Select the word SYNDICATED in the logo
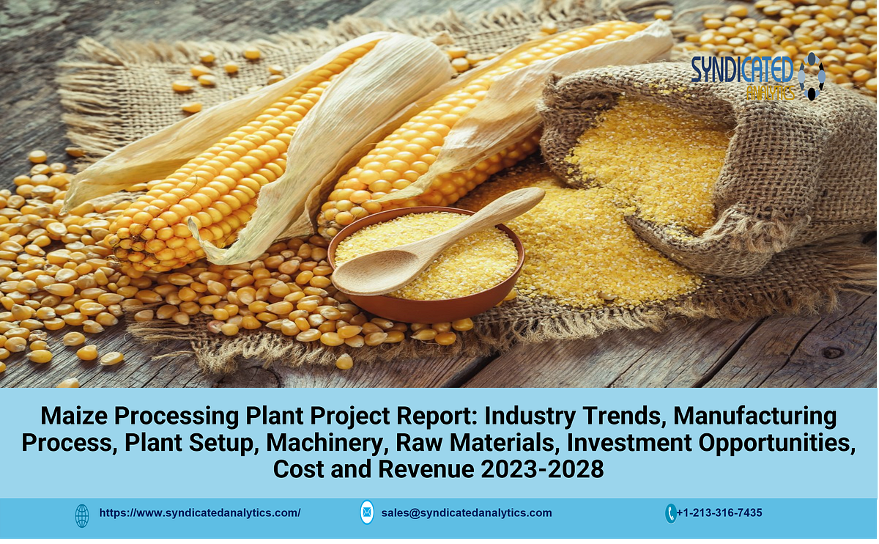(742, 69)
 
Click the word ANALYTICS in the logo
(769, 92)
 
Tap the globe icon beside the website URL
(82, 514)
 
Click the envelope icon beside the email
(367, 513)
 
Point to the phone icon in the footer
(670, 513)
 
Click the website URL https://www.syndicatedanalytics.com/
(199, 513)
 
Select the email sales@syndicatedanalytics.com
(467, 513)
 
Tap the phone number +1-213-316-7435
(719, 513)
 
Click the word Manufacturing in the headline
(754, 416)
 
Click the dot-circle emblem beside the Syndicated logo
(812, 76)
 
